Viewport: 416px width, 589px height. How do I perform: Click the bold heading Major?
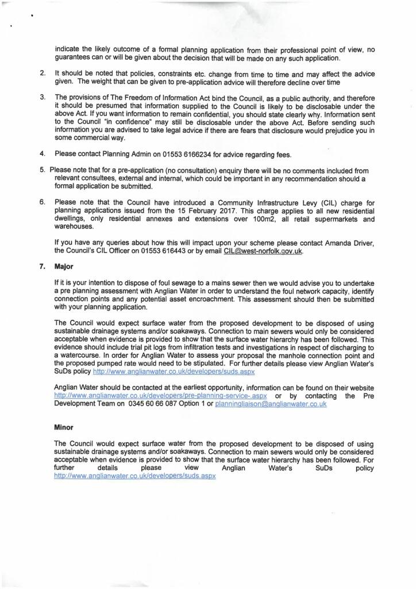point(64,266)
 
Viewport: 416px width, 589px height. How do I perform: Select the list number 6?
point(43,202)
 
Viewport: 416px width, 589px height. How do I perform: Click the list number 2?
point(43,74)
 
